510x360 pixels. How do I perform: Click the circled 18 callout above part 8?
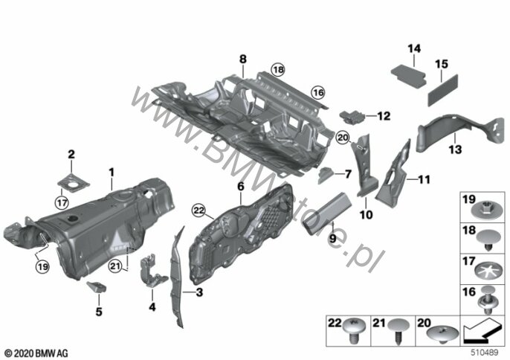pos(278,69)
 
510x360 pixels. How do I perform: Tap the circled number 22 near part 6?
pos(198,210)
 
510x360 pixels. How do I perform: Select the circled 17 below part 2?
pos(62,203)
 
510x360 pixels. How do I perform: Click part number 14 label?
pos(414,49)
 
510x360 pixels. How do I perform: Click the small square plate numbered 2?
pos(74,182)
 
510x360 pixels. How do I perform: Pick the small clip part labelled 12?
pos(353,117)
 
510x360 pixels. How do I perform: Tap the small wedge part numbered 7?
pos(326,175)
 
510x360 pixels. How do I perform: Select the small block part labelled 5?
pos(97,287)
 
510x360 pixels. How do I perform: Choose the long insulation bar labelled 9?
pos(327,213)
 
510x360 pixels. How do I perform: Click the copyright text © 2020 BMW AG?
pos(36,353)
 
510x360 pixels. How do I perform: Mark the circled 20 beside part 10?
pos(343,138)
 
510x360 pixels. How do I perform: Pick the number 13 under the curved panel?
pos(455,150)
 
